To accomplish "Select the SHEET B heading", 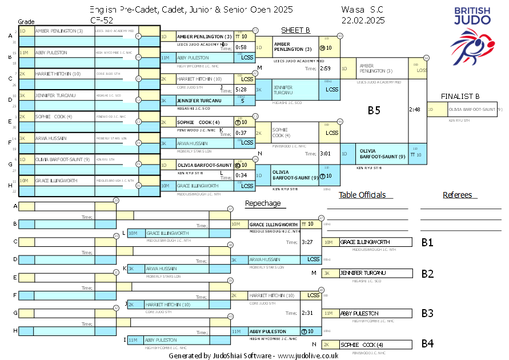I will (295, 30).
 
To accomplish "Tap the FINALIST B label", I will (460, 96).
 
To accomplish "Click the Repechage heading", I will (262, 203).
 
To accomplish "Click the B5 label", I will (374, 111).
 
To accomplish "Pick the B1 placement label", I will (427, 243).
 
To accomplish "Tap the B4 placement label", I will (427, 344).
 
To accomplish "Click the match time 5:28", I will (241, 90).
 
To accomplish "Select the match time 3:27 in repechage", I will (307, 242).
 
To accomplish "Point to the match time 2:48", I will (415, 109).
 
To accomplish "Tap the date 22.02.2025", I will (363, 20).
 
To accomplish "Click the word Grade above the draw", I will (27, 21).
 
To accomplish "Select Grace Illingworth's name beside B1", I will (365, 242).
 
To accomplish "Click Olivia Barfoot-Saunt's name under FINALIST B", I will (472, 109).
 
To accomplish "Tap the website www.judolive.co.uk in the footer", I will (308, 355).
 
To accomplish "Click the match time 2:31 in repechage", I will (307, 313).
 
